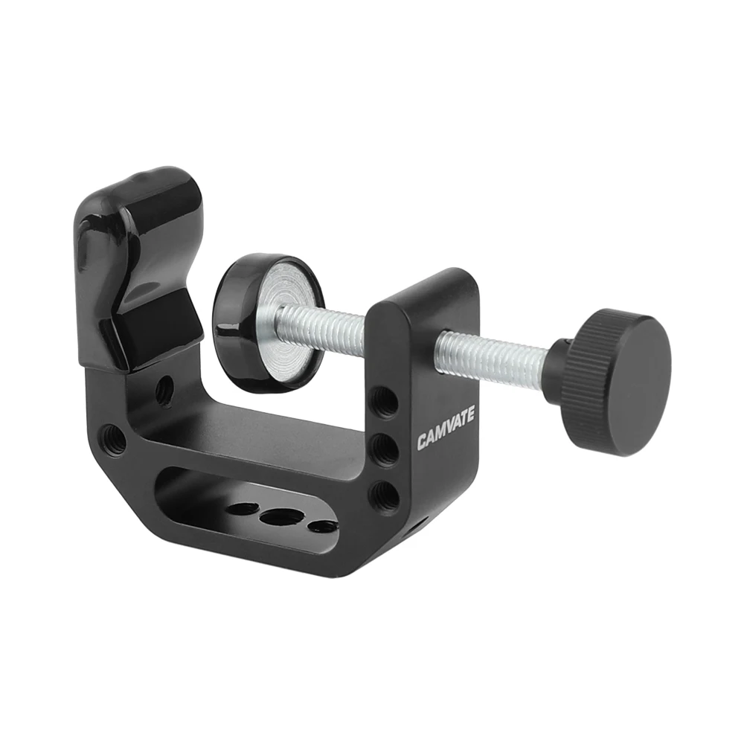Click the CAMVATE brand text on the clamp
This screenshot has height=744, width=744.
coord(446,429)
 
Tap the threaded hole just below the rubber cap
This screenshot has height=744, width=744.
coord(164,388)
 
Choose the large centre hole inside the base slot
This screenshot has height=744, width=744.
coord(278,518)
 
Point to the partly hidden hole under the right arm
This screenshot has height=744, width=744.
coord(417,527)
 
